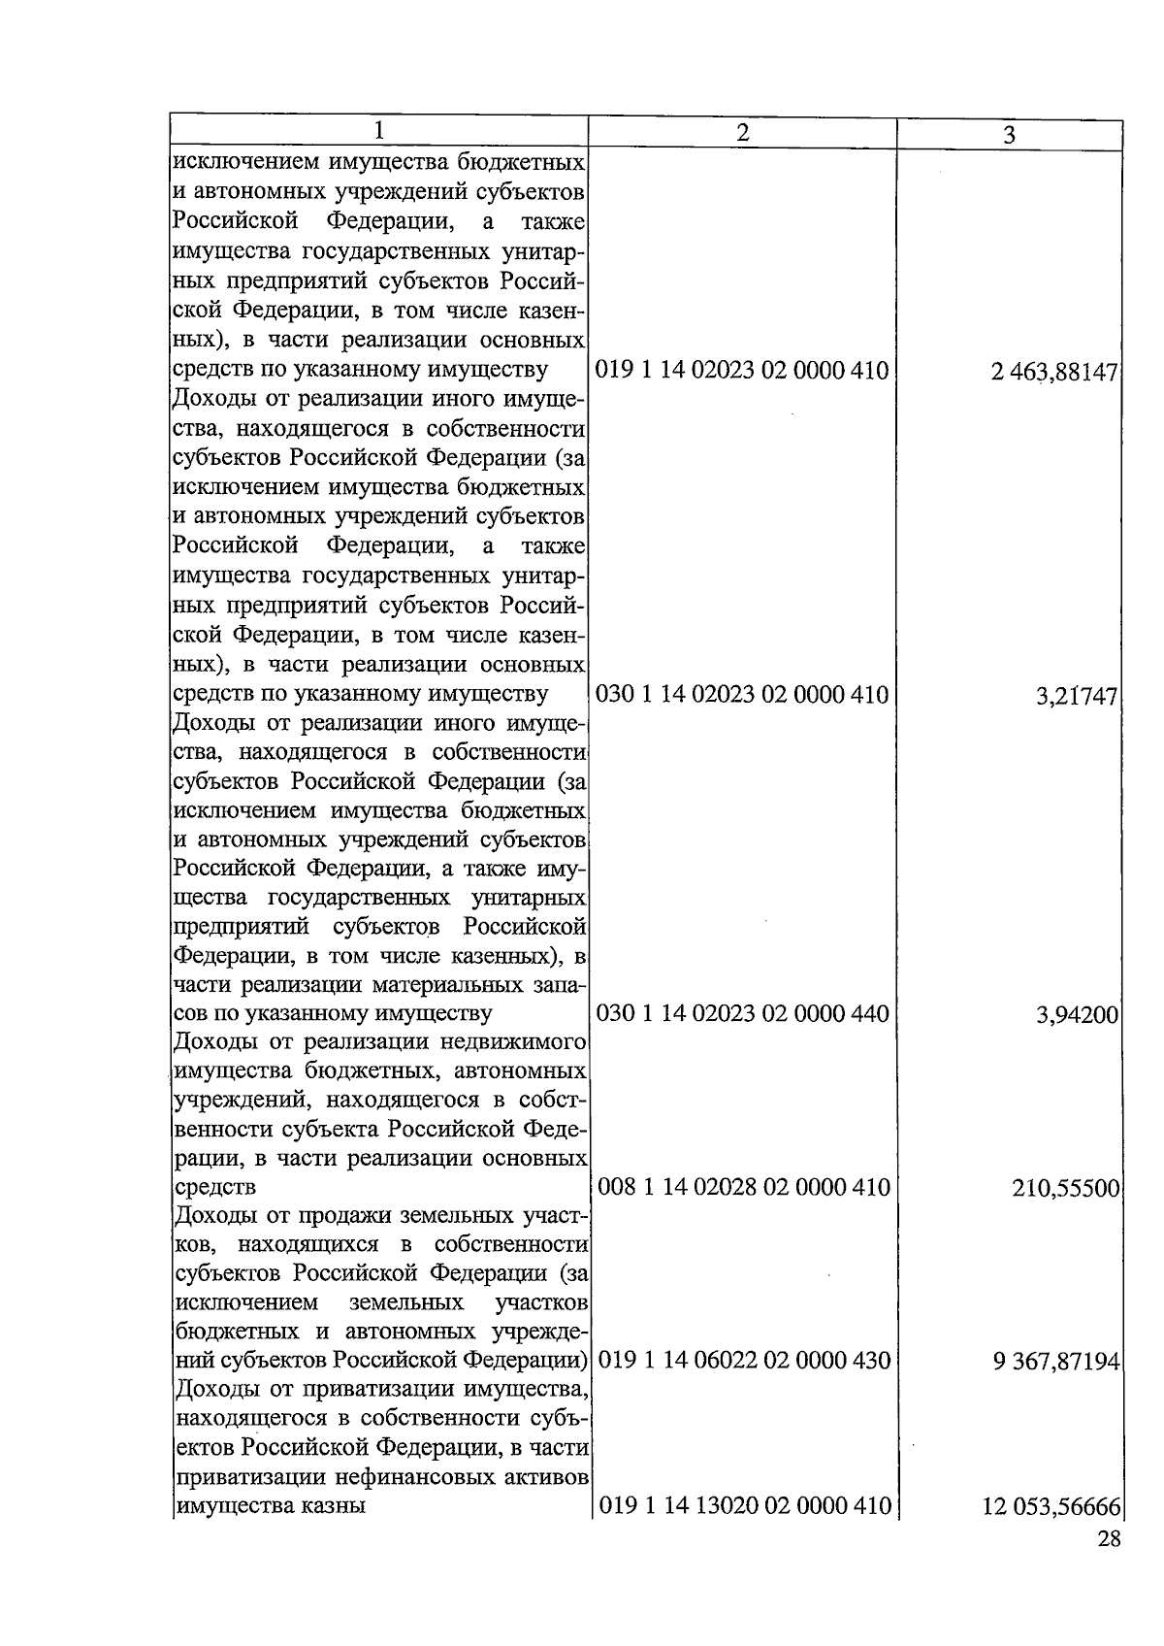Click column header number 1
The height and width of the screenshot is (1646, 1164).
(x=380, y=130)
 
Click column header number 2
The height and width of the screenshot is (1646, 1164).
(x=742, y=132)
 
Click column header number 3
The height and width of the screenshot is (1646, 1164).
(x=1009, y=135)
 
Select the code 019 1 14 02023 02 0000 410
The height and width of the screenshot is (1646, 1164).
(x=742, y=370)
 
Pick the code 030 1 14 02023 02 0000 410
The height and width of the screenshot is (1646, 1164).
(x=742, y=694)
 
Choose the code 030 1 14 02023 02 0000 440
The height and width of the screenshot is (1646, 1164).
(x=742, y=1014)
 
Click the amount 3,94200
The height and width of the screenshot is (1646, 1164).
(x=1078, y=1016)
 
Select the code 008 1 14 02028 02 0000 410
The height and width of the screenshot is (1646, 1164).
(x=743, y=1187)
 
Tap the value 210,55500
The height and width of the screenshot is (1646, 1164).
(x=1066, y=1189)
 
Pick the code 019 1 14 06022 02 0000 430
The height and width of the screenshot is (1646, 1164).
(x=744, y=1361)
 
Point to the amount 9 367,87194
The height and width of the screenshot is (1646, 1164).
(x=1056, y=1363)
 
